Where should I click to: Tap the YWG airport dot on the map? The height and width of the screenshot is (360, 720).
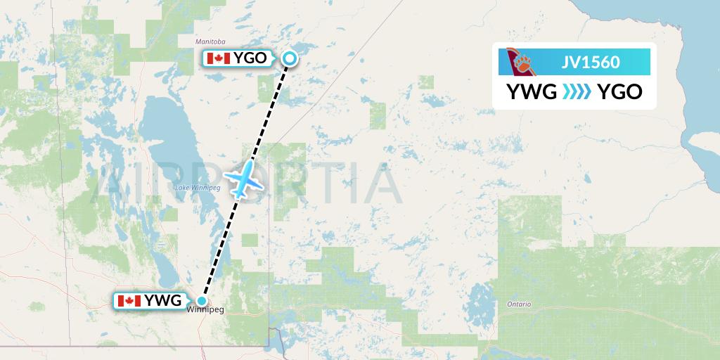pyautogui.click(x=202, y=302)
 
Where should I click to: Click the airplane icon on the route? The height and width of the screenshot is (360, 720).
pyautogui.click(x=243, y=181)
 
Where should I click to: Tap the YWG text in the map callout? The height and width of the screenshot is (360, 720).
pyautogui.click(x=162, y=301)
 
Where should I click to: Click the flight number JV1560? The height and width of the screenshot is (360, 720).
pyautogui.click(x=591, y=62)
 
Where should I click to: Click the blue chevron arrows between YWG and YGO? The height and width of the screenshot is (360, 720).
pyautogui.click(x=577, y=91)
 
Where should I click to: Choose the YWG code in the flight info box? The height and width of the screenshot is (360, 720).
pyautogui.click(x=532, y=91)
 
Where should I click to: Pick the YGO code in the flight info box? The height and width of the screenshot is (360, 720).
pyautogui.click(x=619, y=91)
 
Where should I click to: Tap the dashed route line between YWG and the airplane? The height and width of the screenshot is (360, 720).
pyautogui.click(x=219, y=246)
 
